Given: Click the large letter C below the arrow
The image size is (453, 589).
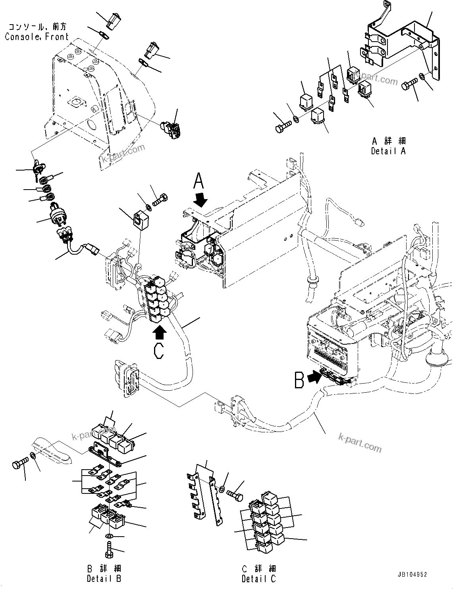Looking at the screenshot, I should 159,352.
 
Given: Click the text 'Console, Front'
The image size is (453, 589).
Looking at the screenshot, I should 37,36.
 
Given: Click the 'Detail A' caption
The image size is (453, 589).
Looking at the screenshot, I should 388,151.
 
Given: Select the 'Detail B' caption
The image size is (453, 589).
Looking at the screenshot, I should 104,578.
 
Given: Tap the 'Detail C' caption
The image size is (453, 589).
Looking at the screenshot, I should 258,578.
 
